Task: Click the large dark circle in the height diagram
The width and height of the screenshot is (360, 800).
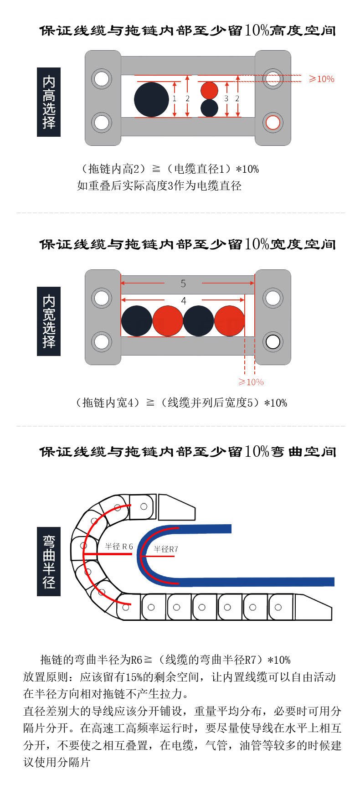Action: [151, 100]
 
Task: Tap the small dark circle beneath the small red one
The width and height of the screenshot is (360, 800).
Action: [210, 108]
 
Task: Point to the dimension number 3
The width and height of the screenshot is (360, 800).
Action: [226, 98]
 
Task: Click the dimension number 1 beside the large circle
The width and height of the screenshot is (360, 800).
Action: [175, 98]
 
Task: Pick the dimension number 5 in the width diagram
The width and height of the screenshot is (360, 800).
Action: [183, 284]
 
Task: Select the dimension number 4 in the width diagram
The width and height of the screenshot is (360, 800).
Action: [184, 301]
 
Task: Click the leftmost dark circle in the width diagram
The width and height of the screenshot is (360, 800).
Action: [137, 321]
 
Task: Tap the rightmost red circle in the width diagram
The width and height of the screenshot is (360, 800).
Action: [230, 321]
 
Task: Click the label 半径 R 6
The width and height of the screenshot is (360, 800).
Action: [119, 546]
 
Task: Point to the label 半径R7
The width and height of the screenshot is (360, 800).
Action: [166, 549]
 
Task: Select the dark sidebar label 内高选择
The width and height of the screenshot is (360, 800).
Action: [49, 102]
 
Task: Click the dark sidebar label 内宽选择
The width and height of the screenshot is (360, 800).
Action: [49, 321]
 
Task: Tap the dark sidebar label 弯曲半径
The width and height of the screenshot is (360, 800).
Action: [49, 562]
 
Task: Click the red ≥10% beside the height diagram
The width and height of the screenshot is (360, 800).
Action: [322, 79]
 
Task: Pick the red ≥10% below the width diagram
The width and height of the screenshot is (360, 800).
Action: [251, 382]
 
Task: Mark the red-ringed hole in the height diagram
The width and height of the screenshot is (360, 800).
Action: [273, 122]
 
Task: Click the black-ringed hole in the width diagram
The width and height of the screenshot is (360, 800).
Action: [273, 342]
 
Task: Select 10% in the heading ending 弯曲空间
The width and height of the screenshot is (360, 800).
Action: [257, 451]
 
